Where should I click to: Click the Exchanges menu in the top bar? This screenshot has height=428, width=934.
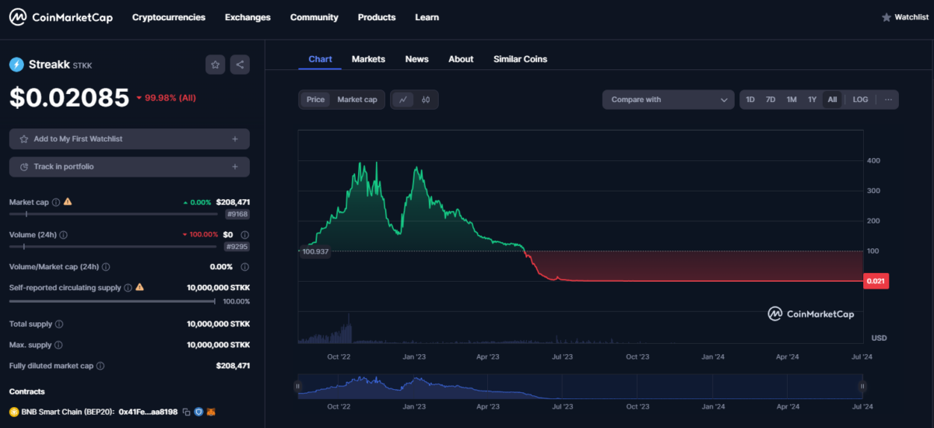248,17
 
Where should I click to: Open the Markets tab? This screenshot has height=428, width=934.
368,59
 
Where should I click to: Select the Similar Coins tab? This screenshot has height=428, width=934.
520,59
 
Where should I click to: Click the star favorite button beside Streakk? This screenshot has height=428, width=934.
216,65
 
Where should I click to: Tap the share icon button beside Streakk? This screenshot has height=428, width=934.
239,65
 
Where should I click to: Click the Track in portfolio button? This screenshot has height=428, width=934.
129,167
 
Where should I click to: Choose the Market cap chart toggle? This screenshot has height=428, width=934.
356,100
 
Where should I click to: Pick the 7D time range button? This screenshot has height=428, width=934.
771,100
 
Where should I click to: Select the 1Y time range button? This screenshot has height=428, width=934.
812,100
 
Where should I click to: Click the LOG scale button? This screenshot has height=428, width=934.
860,100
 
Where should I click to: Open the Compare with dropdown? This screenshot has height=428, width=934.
668,100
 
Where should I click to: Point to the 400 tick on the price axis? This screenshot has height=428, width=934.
874,161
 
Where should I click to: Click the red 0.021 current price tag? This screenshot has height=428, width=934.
876,281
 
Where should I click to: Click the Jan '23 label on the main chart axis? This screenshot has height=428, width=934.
413,357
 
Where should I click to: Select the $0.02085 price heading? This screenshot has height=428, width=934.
69,97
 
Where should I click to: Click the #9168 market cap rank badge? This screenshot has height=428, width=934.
237,214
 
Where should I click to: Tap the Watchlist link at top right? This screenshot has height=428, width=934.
904,17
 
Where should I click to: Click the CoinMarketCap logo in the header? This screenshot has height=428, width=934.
61,17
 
